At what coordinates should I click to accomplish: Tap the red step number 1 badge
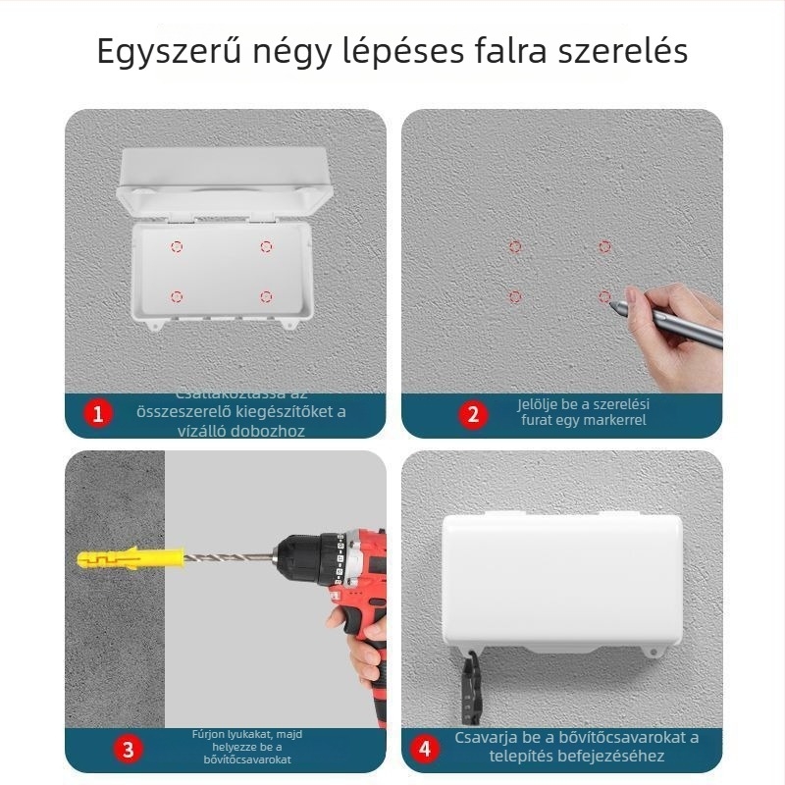point(96,414)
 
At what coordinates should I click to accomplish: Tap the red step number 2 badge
point(473,414)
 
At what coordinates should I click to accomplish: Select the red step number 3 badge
point(129,750)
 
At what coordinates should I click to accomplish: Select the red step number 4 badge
point(425,750)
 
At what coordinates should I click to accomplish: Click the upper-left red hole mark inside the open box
point(177,246)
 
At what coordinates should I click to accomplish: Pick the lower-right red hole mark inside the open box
point(266,295)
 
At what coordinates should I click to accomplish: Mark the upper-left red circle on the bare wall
point(515,246)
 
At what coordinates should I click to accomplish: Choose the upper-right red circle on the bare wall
point(604,246)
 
